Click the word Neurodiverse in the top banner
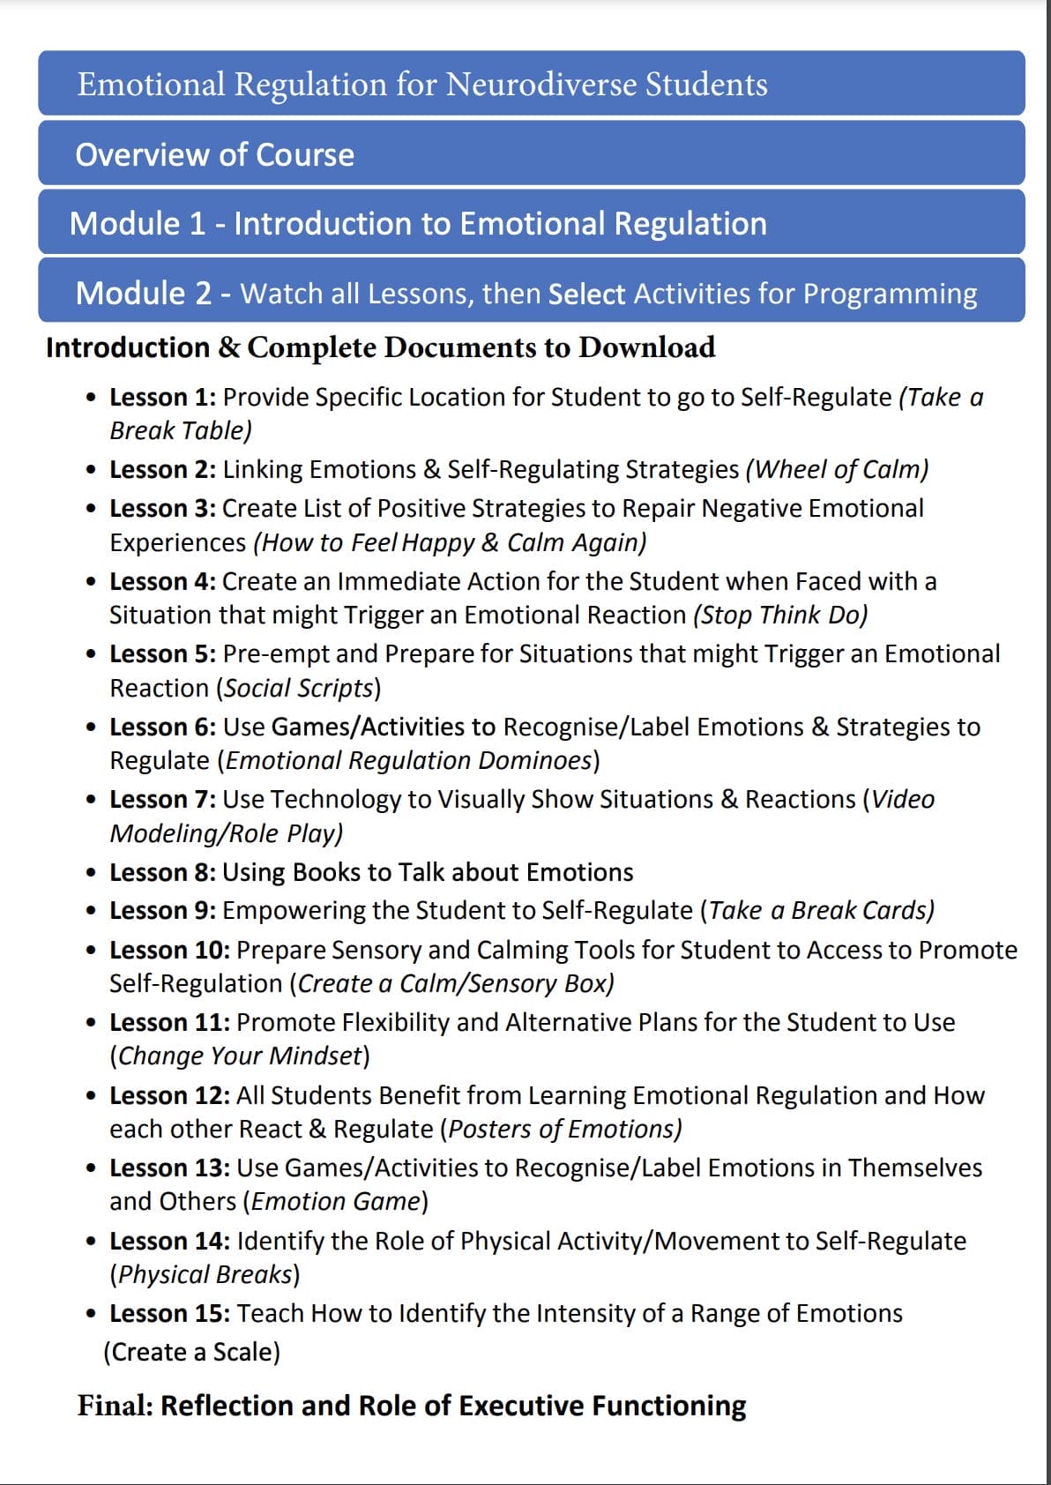pos(540,85)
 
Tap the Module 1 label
pos(138,224)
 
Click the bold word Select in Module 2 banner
pos(586,294)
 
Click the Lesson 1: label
pos(162,398)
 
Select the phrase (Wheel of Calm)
pos(837,469)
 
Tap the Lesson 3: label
pos(162,509)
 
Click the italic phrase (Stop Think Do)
pos(780,615)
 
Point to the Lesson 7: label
pos(162,799)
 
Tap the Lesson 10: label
pos(169,950)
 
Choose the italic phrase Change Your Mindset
pos(240,1056)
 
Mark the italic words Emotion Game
pos(336,1201)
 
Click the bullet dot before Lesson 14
pos(91,1242)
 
